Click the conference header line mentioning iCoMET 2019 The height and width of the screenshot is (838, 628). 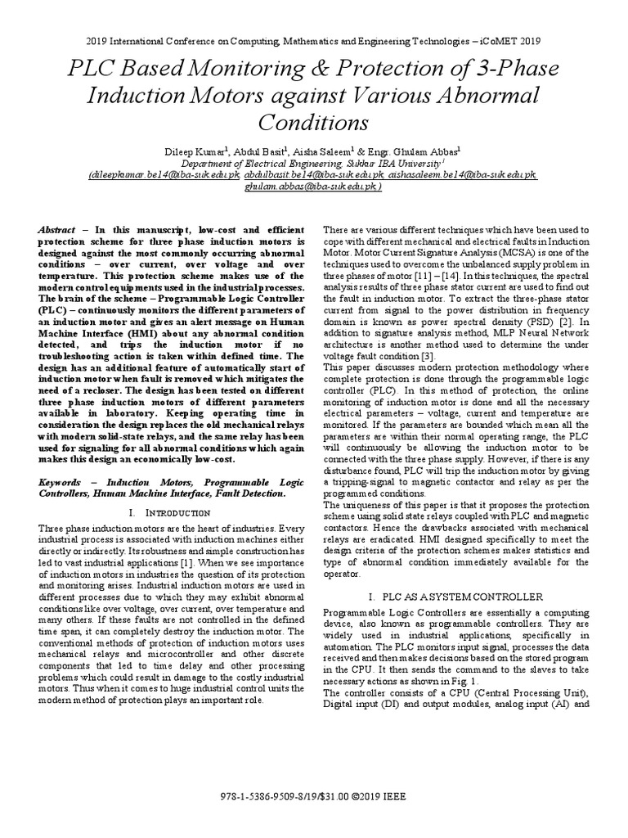click(313, 40)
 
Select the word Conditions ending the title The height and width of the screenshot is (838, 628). click(313, 123)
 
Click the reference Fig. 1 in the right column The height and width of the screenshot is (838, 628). click(473, 681)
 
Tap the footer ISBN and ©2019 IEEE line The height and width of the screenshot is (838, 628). click(313, 795)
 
